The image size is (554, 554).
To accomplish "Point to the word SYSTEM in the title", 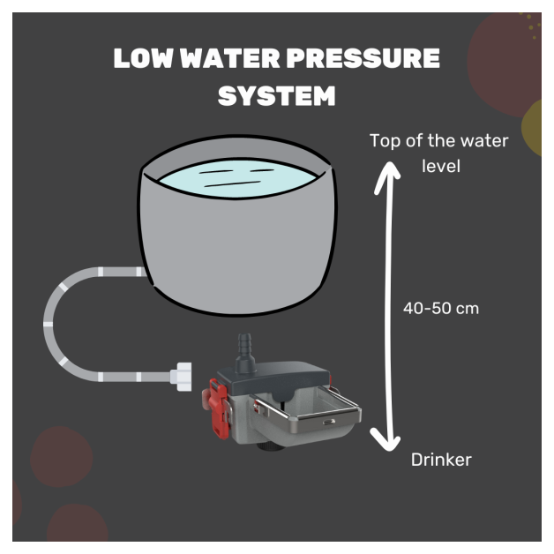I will click(x=277, y=95).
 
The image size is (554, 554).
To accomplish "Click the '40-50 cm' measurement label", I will click(x=436, y=310).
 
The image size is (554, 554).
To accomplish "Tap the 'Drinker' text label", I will click(x=441, y=460).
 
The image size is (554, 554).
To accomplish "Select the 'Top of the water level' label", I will click(x=438, y=153).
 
